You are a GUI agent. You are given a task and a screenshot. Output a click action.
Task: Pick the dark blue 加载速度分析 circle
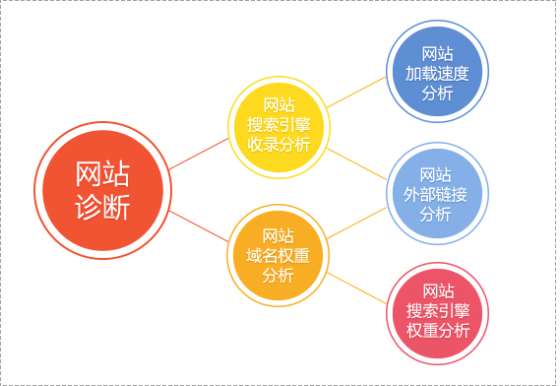click(x=437, y=73)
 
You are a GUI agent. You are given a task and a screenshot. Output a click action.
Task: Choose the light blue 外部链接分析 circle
click(x=437, y=194)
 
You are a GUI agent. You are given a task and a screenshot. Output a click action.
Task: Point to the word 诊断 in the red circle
click(x=102, y=209)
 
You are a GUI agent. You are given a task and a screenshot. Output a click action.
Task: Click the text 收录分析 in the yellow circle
click(x=279, y=145)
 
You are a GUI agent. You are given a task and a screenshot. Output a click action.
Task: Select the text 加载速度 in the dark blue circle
click(x=437, y=73)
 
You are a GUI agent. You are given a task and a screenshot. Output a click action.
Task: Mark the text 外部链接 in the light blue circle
click(x=437, y=194)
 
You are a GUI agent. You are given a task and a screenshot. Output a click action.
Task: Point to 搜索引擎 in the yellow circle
click(x=279, y=124)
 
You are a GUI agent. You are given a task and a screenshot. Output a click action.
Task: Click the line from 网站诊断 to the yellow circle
click(x=200, y=156)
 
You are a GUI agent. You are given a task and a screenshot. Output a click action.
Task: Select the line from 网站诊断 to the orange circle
click(x=200, y=225)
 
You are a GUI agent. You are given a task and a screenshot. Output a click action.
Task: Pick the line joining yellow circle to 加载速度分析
click(x=356, y=91)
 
